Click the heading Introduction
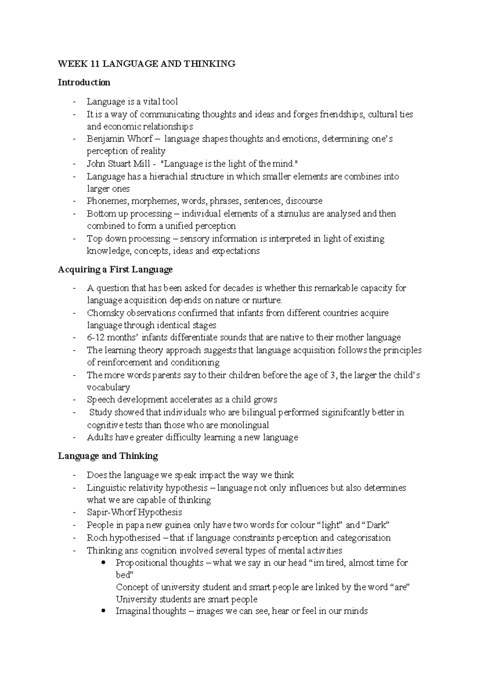(84, 82)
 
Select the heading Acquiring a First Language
(115, 269)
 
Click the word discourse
(304, 201)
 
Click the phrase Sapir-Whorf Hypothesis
(134, 512)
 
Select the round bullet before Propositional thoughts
(104, 562)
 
